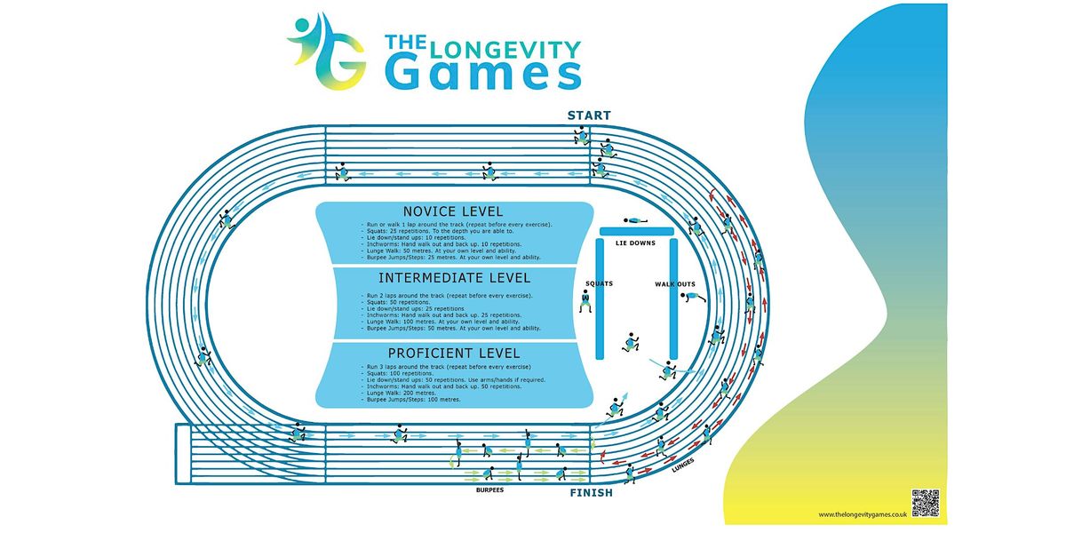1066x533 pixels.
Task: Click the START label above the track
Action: click(x=590, y=115)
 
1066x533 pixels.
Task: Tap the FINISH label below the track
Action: click(x=590, y=492)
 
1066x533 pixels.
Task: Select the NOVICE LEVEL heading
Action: click(x=453, y=211)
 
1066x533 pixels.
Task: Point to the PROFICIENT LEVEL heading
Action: click(x=454, y=354)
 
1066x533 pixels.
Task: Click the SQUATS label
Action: click(x=600, y=283)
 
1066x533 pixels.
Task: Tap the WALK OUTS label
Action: click(x=674, y=283)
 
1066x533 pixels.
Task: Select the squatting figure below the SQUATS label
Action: click(x=585, y=302)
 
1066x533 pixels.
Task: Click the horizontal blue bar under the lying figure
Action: click(x=639, y=231)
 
